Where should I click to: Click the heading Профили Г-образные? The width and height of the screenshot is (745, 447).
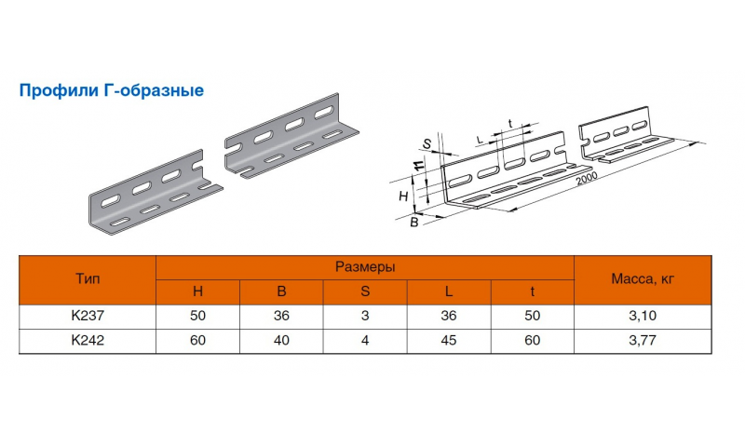point(111,91)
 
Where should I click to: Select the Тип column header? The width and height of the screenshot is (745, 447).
point(87,278)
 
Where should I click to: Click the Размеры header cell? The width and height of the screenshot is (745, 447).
point(364,266)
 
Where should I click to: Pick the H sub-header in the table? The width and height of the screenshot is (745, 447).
point(197,291)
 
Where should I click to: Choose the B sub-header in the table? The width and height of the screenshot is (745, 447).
point(281,291)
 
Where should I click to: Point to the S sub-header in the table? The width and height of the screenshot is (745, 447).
point(365,291)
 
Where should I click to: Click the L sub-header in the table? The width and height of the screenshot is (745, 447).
point(449,291)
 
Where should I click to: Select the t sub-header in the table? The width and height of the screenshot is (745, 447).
point(533,291)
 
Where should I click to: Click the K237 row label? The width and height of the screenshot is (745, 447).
point(87,317)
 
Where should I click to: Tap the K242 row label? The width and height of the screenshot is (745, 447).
point(87,341)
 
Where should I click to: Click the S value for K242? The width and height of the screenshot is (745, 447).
point(365,341)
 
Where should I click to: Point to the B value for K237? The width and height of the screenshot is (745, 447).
point(281,317)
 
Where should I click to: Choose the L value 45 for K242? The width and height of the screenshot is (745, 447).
point(449,341)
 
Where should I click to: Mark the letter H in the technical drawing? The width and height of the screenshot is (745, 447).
point(403,196)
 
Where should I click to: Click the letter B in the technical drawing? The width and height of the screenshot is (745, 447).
point(413,222)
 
